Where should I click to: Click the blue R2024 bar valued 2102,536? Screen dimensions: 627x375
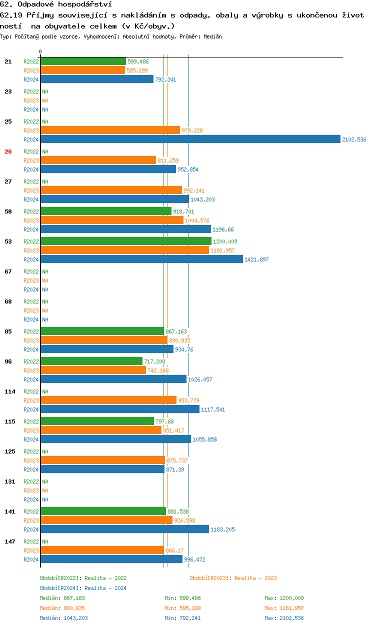click(190, 139)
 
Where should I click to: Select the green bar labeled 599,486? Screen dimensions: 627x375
click(83, 61)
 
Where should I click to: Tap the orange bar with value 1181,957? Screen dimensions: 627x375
click(124, 250)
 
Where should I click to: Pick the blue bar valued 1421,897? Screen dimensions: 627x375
click(141, 259)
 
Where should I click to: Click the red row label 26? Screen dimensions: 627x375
click(8, 151)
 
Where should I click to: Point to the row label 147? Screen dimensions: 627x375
click(9, 541)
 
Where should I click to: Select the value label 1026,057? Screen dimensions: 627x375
click(200, 379)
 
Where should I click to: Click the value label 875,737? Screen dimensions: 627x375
click(177, 460)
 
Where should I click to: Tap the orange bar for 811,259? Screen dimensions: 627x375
click(98, 160)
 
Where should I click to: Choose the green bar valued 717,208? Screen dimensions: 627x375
click(91, 361)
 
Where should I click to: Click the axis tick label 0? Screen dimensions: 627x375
click(40, 51)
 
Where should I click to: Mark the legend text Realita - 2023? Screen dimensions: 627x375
click(255, 578)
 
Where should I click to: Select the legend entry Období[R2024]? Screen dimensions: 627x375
click(60, 588)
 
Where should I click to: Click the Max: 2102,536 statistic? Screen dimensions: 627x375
click(284, 618)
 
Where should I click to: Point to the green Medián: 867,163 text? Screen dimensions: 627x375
click(62, 598)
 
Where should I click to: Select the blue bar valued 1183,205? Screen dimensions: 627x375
click(124, 529)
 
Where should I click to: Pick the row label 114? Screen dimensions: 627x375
click(9, 391)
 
